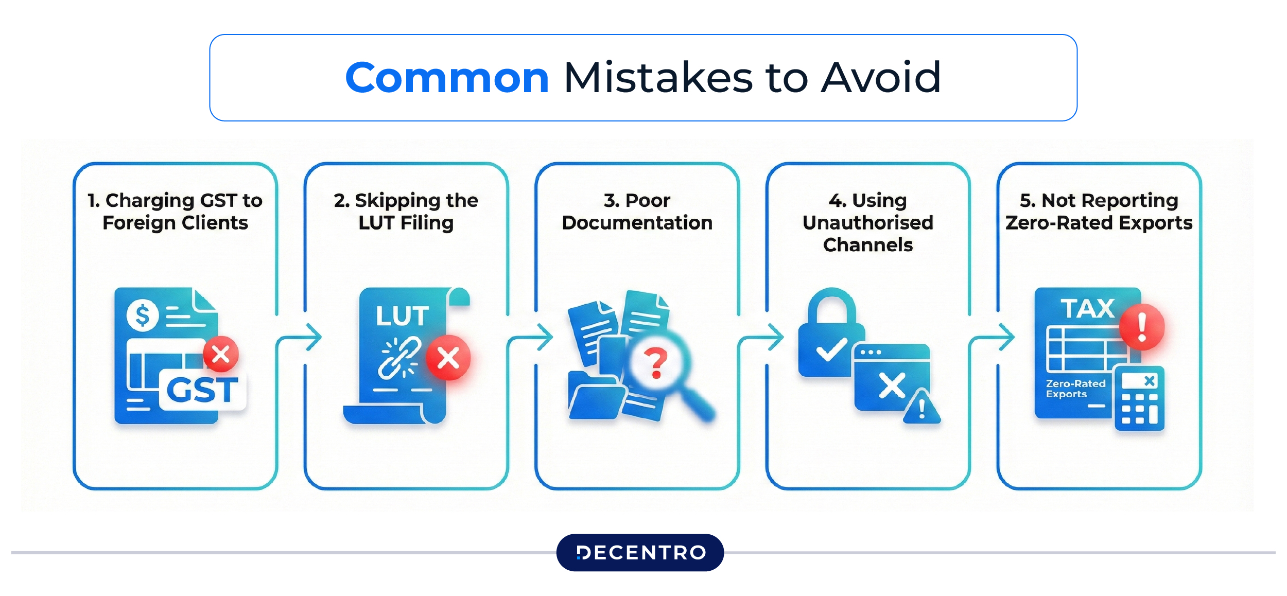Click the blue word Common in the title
[447, 78]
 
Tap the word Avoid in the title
[880, 78]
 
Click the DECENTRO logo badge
[640, 552]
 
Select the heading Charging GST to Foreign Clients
[175, 212]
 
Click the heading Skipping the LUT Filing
[406, 212]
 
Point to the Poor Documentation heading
[637, 212]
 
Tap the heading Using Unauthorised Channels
[868, 222]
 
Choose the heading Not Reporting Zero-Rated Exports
[1099, 212]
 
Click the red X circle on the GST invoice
[221, 354]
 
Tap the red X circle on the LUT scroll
[448, 358]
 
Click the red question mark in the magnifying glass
[656, 363]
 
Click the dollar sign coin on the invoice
[143, 314]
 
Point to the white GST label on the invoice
[202, 390]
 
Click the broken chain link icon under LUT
[399, 358]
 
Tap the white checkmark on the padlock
[831, 350]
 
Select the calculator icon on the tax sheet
[1139, 398]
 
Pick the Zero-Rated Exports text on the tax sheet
[1075, 389]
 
